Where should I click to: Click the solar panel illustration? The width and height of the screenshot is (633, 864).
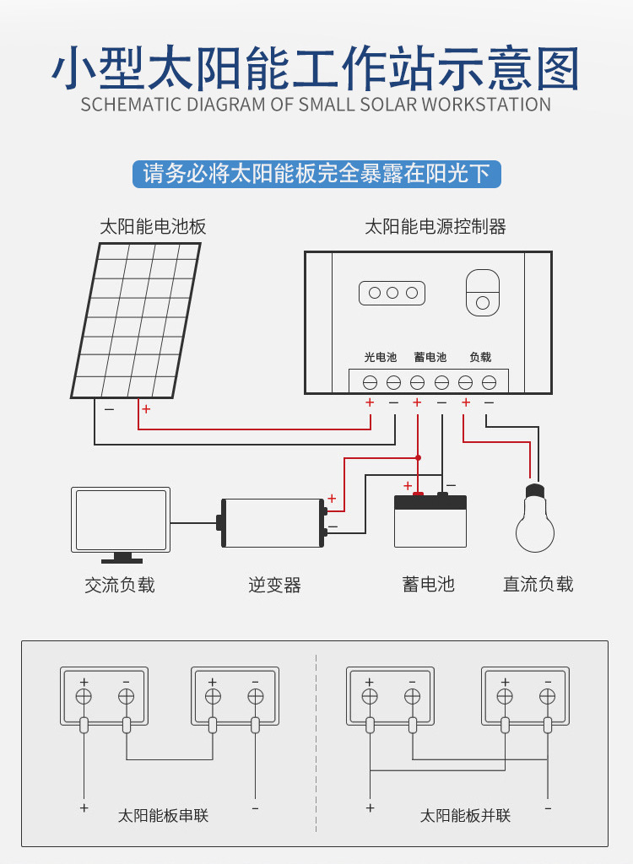pyautogui.click(x=136, y=320)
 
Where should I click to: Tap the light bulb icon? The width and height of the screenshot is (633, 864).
pyautogui.click(x=535, y=518)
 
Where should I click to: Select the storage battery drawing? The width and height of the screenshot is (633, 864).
pyautogui.click(x=430, y=520)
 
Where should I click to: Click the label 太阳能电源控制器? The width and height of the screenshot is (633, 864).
pyautogui.click(x=435, y=226)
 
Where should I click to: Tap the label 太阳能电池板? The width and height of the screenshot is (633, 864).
pyautogui.click(x=153, y=226)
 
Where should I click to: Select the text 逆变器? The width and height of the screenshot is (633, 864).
pyautogui.click(x=274, y=585)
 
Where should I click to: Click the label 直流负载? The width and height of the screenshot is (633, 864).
pyautogui.click(x=538, y=584)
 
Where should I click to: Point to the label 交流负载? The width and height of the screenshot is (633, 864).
pyautogui.click(x=120, y=585)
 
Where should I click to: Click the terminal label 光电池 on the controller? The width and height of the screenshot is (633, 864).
pyautogui.click(x=381, y=357)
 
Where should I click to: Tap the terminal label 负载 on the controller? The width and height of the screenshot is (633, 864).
pyautogui.click(x=480, y=357)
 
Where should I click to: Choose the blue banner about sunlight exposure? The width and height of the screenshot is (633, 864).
pyautogui.click(x=316, y=174)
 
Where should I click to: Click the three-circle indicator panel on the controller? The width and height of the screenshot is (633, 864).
pyautogui.click(x=392, y=293)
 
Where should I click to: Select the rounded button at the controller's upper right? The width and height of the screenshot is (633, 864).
pyautogui.click(x=483, y=293)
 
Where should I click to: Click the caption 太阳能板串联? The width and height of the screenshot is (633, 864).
pyautogui.click(x=163, y=816)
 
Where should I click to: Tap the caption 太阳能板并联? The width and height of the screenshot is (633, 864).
pyautogui.click(x=465, y=816)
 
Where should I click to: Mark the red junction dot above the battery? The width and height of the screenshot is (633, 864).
pyautogui.click(x=418, y=458)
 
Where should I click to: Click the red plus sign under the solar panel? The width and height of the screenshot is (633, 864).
pyautogui.click(x=146, y=409)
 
